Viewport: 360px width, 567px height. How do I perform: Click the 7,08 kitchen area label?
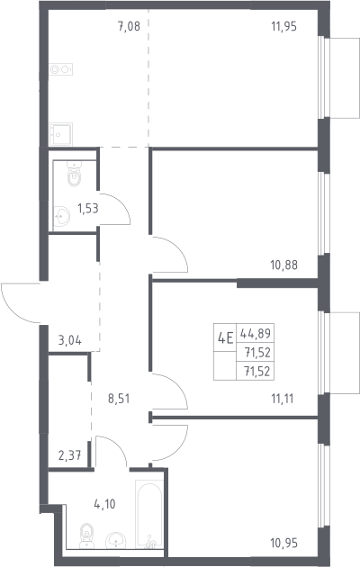[129, 26]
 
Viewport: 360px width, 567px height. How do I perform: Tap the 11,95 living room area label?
[283, 26]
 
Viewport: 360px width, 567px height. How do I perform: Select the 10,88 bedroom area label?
[283, 265]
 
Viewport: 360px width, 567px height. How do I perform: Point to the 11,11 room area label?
[283, 399]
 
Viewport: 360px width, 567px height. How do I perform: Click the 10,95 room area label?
[283, 543]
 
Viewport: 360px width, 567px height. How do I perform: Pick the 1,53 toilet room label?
[88, 208]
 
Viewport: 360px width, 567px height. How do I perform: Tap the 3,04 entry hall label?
[70, 340]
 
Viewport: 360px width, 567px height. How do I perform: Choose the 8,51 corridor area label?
[119, 399]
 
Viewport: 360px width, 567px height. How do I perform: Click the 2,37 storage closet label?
[69, 455]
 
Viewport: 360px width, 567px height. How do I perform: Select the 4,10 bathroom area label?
[104, 504]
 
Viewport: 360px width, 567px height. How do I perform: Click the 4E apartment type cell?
[225, 339]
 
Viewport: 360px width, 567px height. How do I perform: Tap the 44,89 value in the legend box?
[256, 333]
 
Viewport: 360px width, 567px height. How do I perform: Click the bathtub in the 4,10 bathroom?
[148, 515]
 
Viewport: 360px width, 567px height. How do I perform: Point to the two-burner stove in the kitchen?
[60, 69]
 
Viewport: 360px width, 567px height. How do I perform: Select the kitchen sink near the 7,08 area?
[60, 134]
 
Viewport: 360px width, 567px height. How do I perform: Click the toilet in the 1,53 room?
[75, 174]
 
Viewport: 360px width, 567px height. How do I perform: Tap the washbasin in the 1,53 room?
[61, 216]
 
